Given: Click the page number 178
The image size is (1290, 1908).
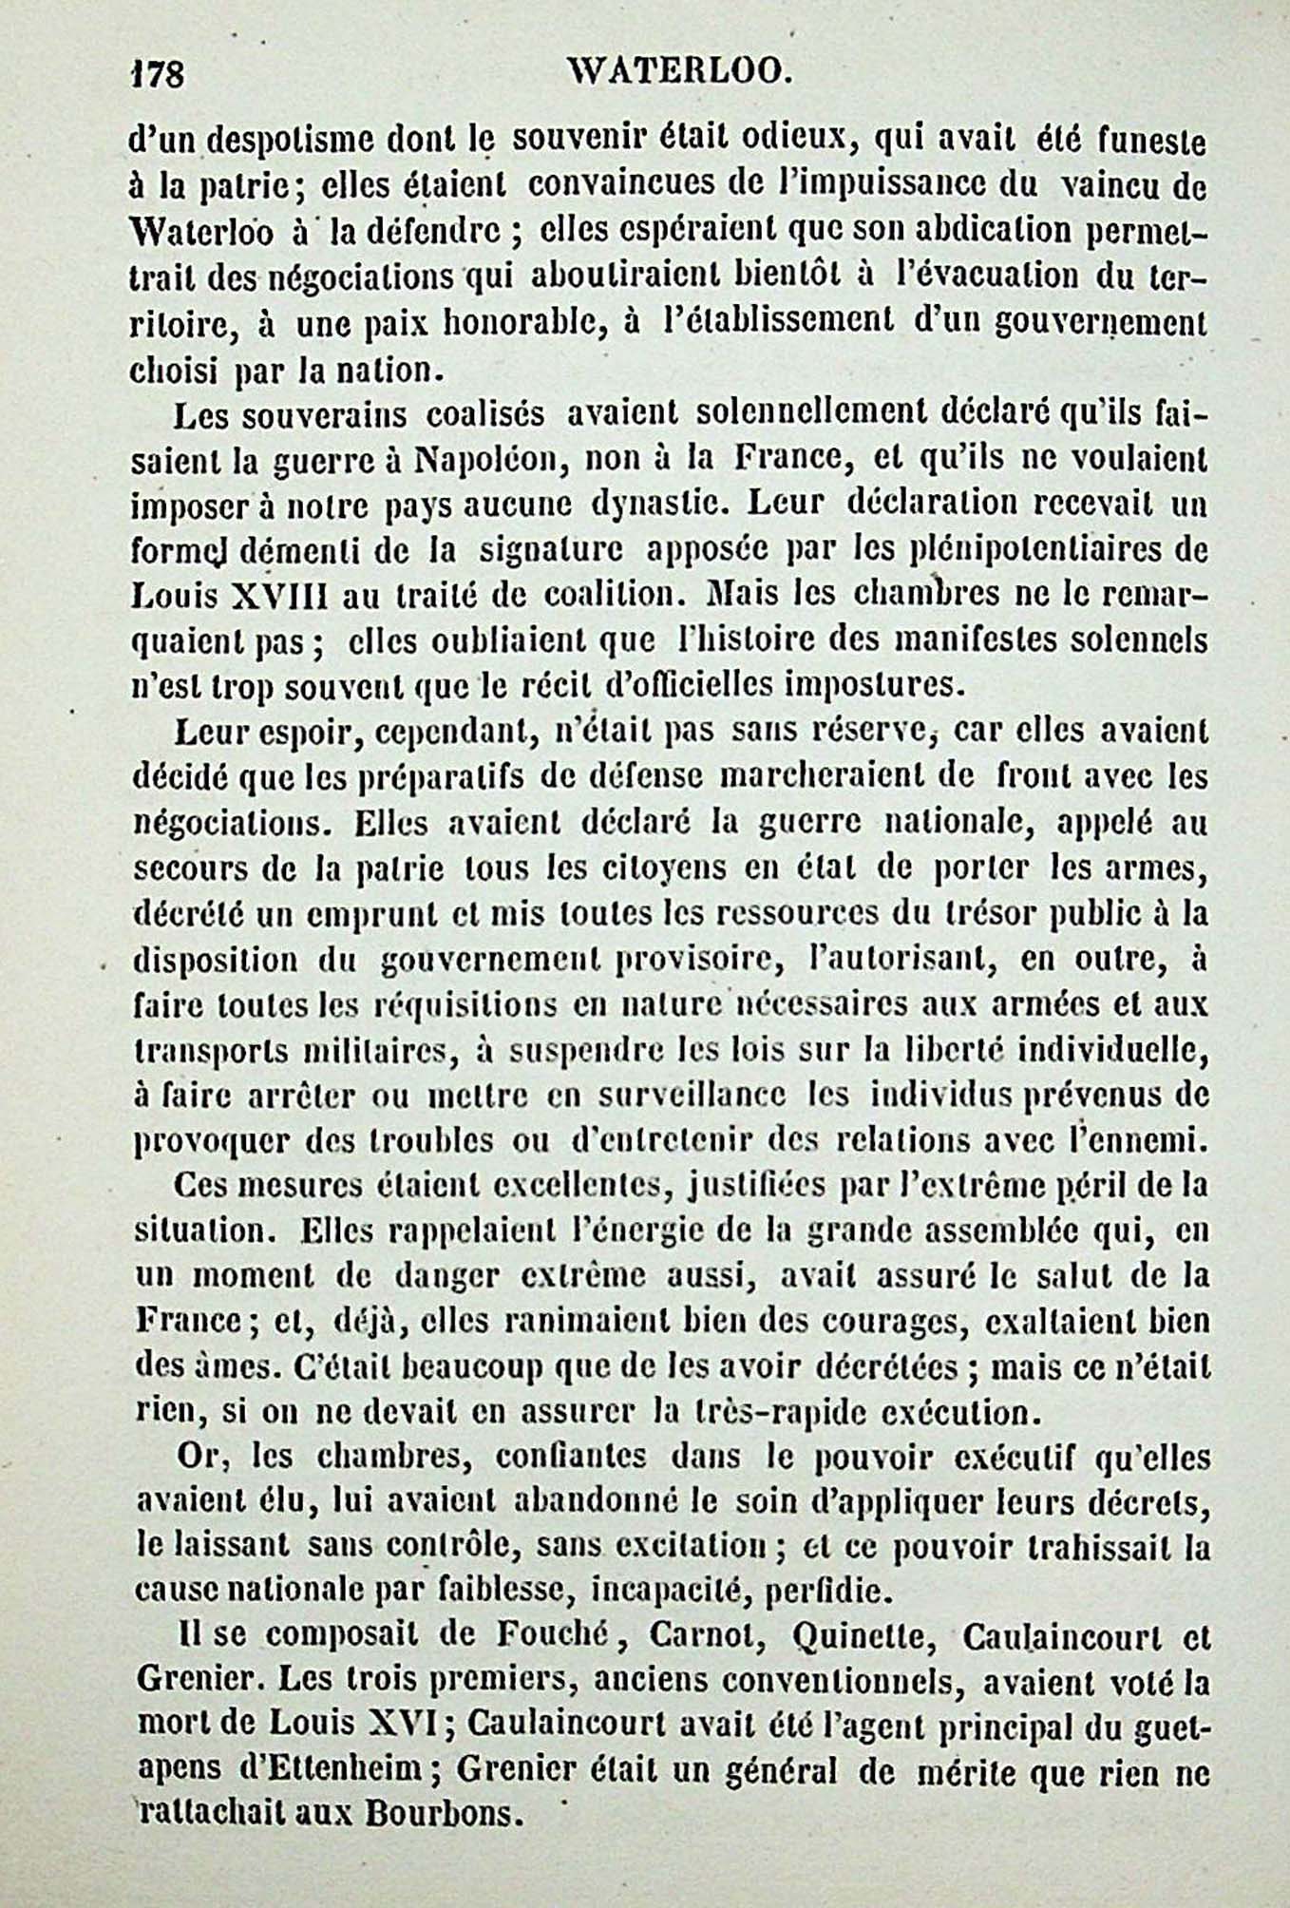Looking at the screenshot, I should coord(156,73).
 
